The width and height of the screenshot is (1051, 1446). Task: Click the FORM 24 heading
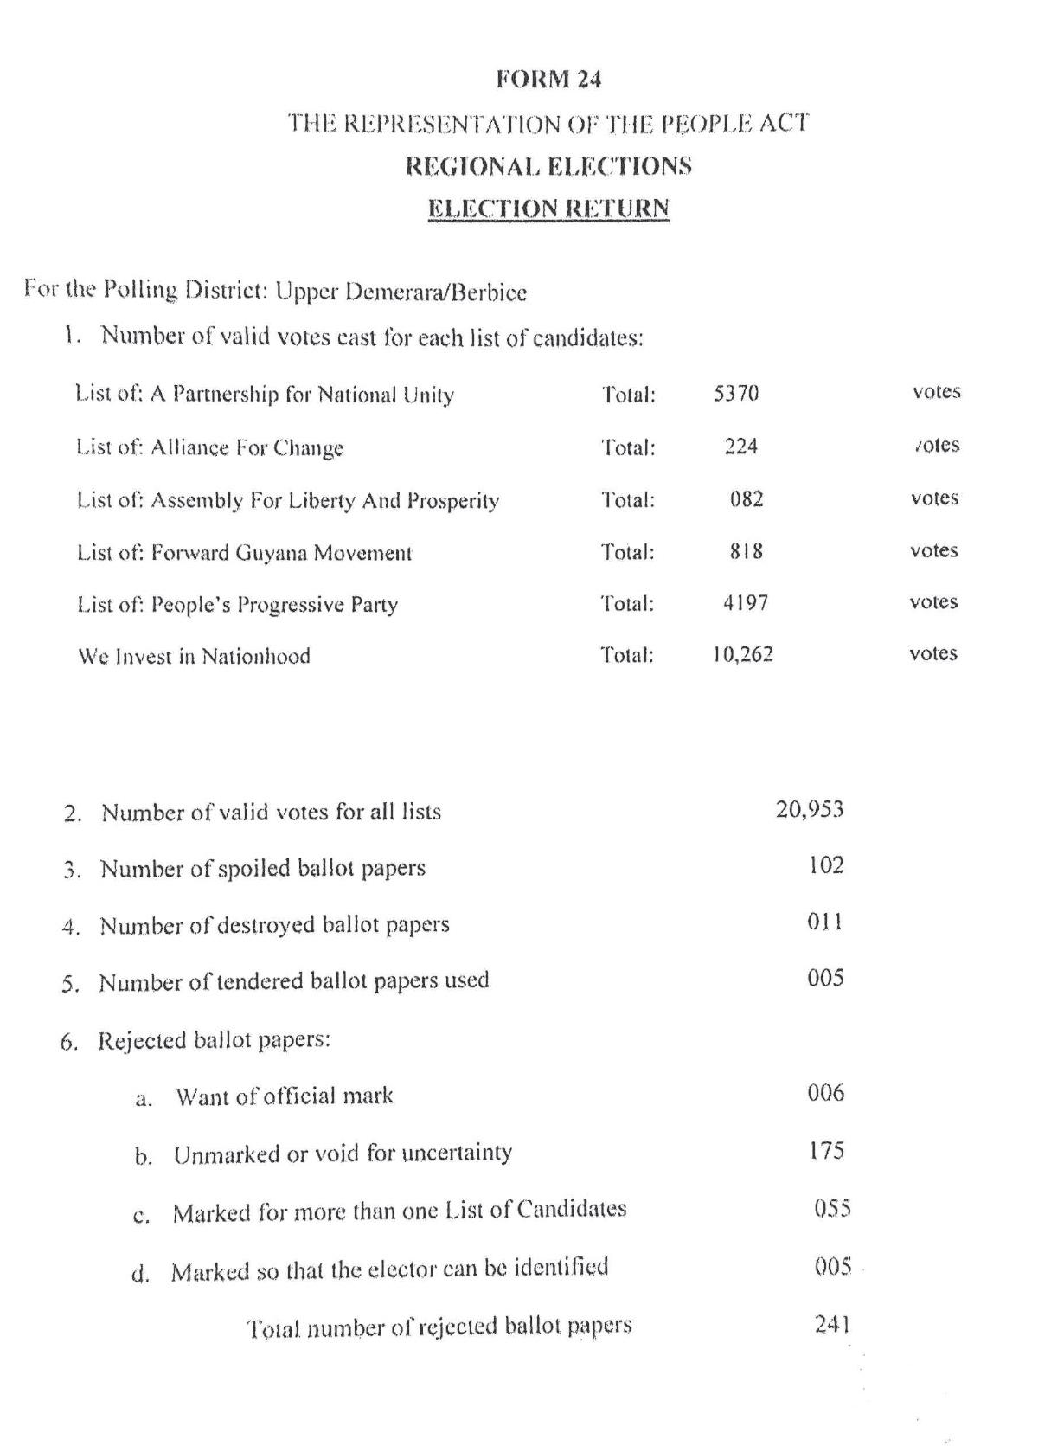(548, 80)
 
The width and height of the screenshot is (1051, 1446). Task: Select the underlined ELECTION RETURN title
(548, 209)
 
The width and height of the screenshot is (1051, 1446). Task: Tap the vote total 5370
(736, 394)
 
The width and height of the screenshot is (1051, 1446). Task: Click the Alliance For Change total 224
(741, 447)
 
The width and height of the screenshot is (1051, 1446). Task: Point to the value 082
(746, 499)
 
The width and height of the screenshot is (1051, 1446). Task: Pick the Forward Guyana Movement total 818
(746, 551)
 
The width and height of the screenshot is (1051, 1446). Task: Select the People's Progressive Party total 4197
(745, 603)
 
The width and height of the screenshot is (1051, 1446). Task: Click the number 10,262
(743, 654)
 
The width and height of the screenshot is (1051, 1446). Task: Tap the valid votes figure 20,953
(809, 810)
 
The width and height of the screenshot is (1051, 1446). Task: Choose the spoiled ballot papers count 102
(825, 865)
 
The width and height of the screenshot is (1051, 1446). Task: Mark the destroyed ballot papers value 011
(825, 922)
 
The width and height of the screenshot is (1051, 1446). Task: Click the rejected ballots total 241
(832, 1324)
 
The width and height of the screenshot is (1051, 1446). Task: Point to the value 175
(826, 1151)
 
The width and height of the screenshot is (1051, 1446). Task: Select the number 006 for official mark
(825, 1093)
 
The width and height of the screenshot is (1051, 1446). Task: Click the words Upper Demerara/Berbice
(401, 292)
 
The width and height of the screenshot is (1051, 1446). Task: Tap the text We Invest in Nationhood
(195, 656)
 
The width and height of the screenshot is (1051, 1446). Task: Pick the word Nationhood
(256, 656)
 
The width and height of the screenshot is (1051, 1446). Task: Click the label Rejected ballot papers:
(214, 1039)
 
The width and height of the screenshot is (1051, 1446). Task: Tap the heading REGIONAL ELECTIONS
(548, 165)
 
